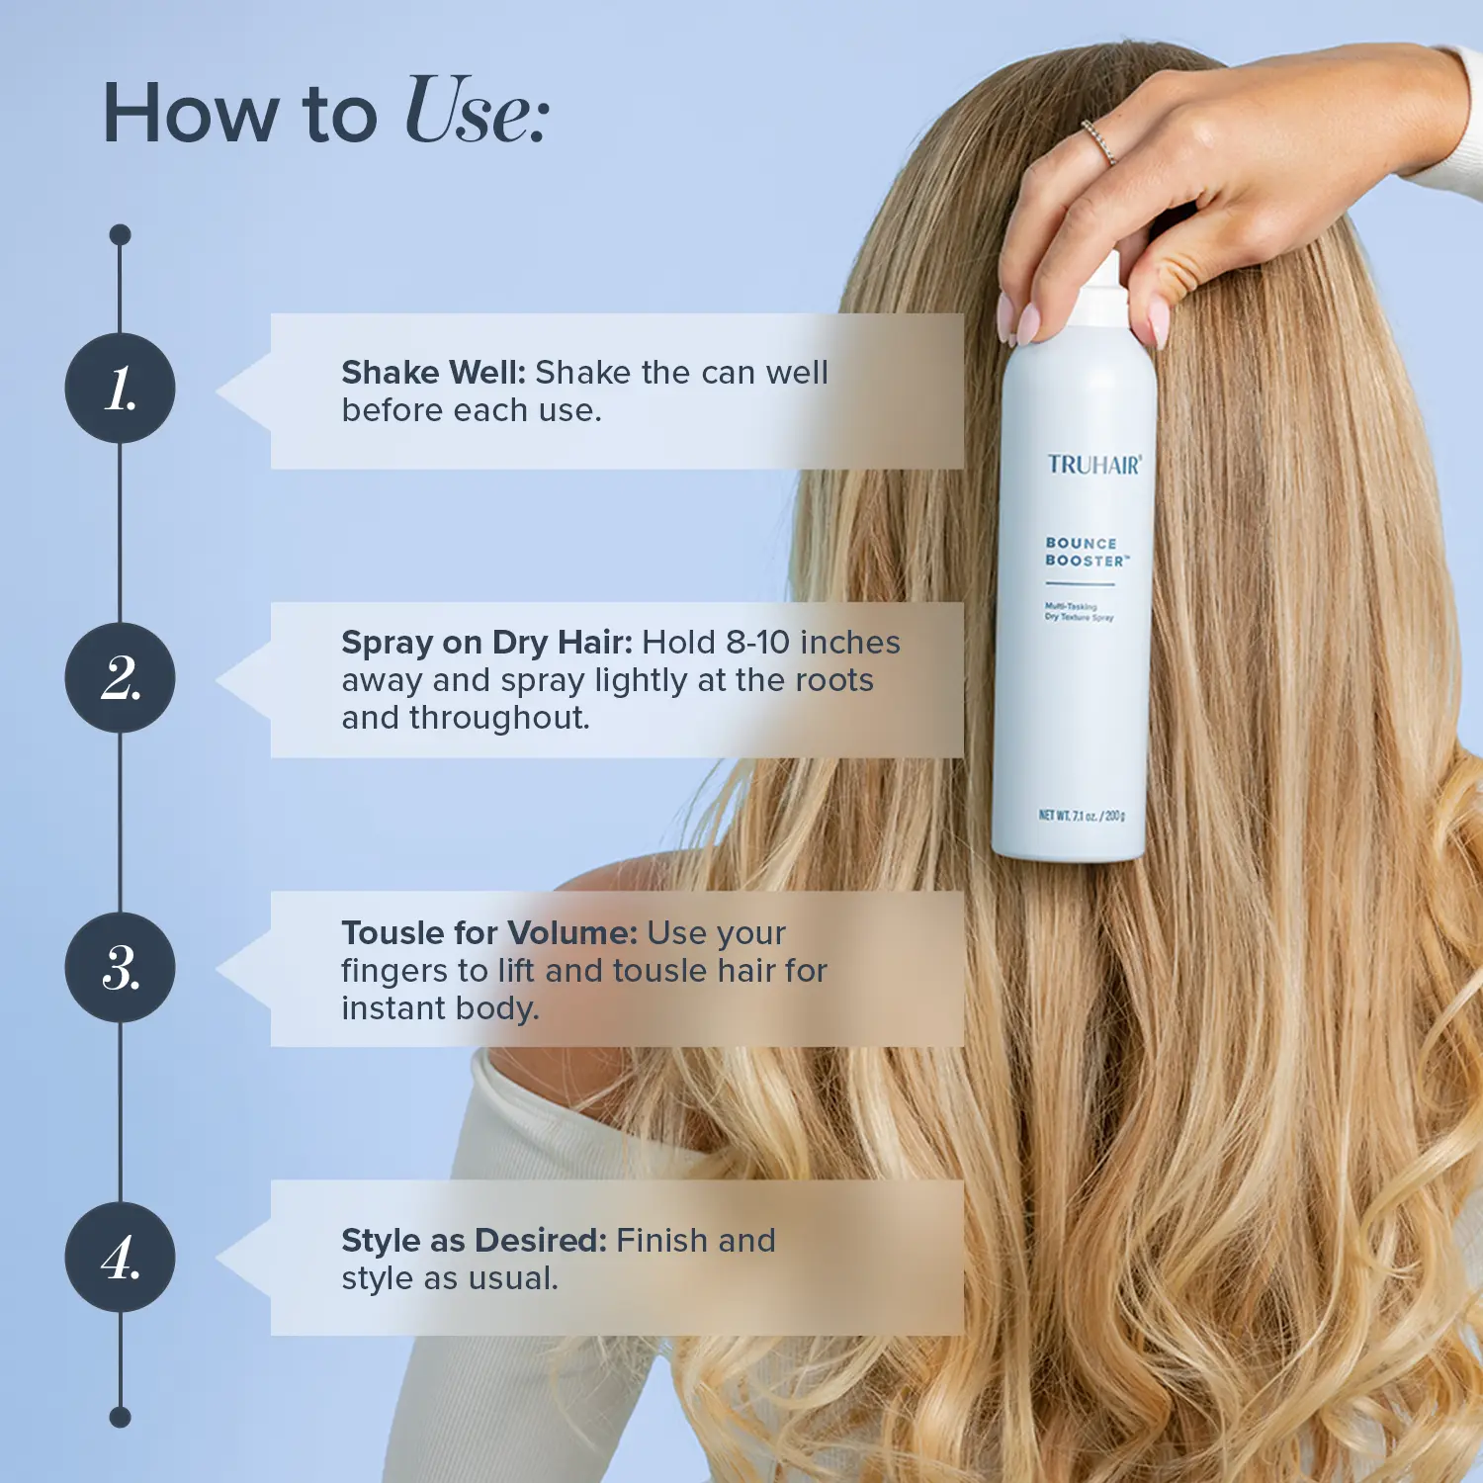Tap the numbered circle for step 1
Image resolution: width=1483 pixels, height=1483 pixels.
[x=120, y=389]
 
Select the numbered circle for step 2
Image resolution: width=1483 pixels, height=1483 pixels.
[x=120, y=678]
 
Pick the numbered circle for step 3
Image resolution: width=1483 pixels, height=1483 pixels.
[x=120, y=968]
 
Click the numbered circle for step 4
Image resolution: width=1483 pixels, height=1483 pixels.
[x=120, y=1258]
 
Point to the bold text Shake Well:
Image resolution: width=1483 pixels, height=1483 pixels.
[x=434, y=373]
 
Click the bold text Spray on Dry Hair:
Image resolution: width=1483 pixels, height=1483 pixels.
[x=486, y=644]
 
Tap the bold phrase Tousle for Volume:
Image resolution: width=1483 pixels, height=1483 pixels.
[x=489, y=932]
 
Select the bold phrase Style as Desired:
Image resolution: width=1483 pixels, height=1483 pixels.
[x=474, y=1240]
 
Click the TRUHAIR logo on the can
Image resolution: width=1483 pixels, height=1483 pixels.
[x=1094, y=465]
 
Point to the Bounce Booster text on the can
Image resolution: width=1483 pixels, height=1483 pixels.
[x=1086, y=552]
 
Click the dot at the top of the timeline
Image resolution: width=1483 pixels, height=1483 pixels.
[x=120, y=234]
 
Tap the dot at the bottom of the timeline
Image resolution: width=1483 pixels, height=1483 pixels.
[x=120, y=1418]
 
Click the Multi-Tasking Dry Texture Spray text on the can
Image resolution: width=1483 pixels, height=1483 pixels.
[x=1079, y=611]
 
